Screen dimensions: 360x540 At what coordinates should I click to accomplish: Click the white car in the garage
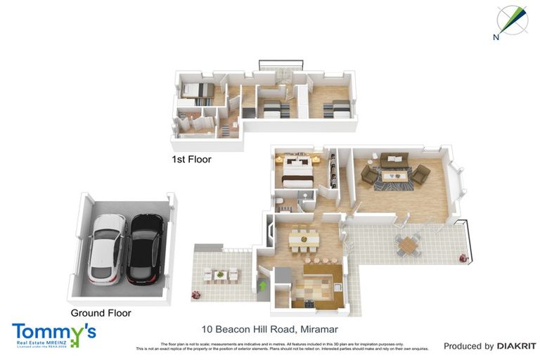[x=108, y=247]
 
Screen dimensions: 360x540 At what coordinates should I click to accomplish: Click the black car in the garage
[x=146, y=248]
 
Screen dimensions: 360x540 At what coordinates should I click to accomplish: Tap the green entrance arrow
[x=263, y=285]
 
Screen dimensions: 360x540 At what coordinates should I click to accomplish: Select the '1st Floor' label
[x=191, y=160]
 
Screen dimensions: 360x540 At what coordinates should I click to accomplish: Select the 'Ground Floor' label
[x=101, y=313]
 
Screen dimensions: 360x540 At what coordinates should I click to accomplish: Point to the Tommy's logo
[x=53, y=334]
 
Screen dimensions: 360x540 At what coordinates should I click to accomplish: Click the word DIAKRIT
[x=517, y=346]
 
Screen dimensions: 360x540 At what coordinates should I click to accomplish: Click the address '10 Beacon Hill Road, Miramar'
[x=269, y=329]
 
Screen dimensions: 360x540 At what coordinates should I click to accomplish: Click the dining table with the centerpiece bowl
[x=304, y=240]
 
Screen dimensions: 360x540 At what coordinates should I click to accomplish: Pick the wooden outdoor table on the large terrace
[x=408, y=245]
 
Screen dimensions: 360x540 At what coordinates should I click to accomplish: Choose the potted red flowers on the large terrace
[x=463, y=257]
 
